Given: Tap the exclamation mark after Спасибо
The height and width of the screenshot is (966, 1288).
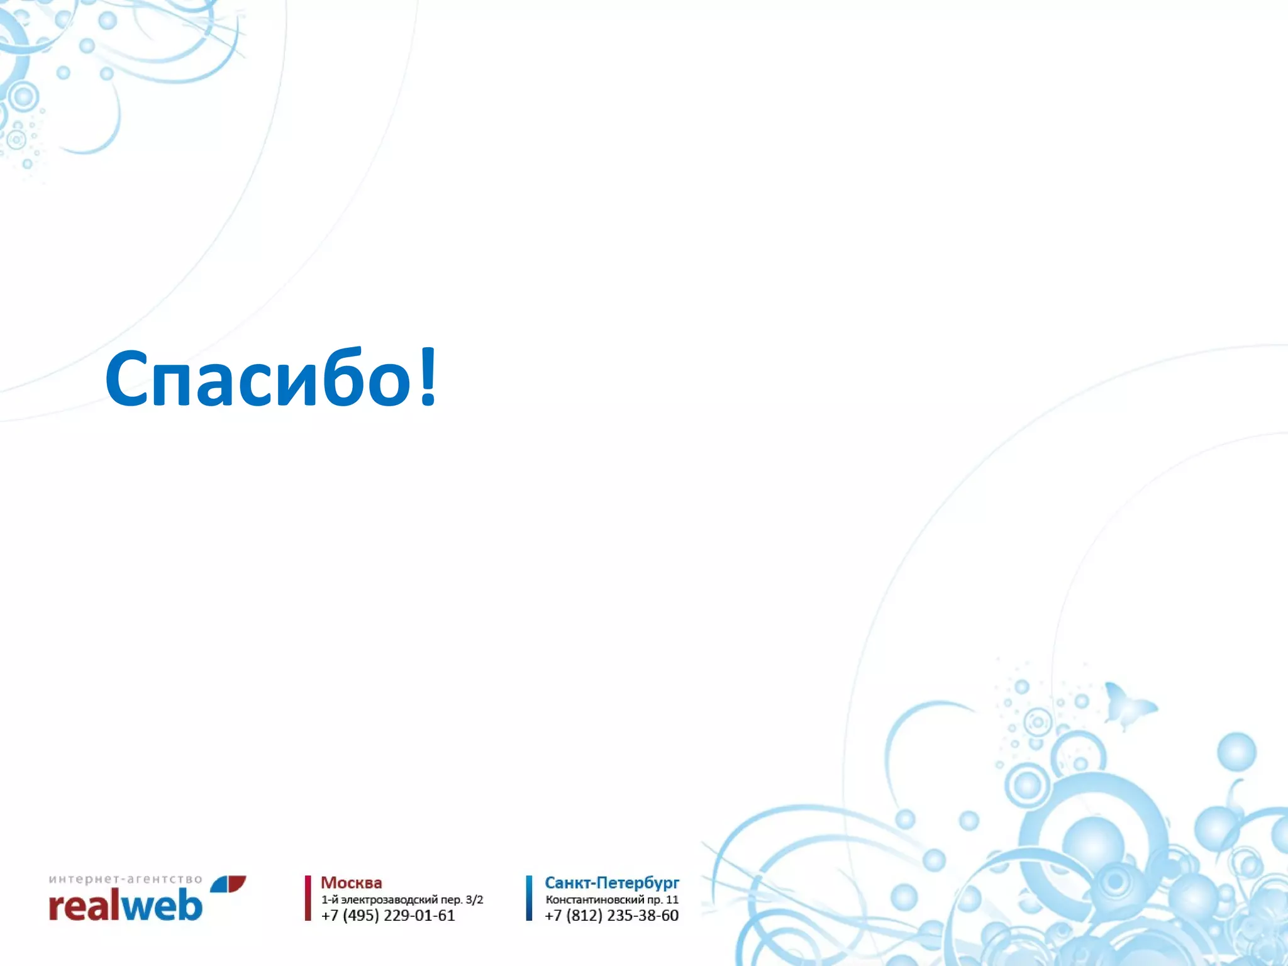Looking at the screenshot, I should point(428,376).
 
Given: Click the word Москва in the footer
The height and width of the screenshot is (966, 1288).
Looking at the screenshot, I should point(351,883).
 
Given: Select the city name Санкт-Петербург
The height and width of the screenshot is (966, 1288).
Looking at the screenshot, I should point(611,883).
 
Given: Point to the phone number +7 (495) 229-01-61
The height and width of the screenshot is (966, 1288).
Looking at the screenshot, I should point(388,916).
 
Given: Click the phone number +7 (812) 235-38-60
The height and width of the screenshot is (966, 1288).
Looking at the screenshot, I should point(611,916).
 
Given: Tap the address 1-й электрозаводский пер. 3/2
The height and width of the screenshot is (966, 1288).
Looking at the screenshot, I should point(402,900).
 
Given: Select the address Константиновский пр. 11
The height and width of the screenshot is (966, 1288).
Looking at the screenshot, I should point(611,900).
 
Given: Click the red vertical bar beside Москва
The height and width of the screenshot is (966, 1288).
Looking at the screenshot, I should point(308,898).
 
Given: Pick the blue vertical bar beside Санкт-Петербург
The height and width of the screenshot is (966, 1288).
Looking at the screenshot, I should point(529,898).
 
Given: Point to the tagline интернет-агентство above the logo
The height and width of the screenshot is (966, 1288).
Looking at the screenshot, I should point(125,879).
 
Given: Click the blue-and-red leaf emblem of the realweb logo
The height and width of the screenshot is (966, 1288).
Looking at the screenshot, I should point(228,884).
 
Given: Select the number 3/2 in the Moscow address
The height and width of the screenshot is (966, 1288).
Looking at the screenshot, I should point(474,900).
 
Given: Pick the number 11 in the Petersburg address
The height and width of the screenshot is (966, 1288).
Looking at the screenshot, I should point(672,900).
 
